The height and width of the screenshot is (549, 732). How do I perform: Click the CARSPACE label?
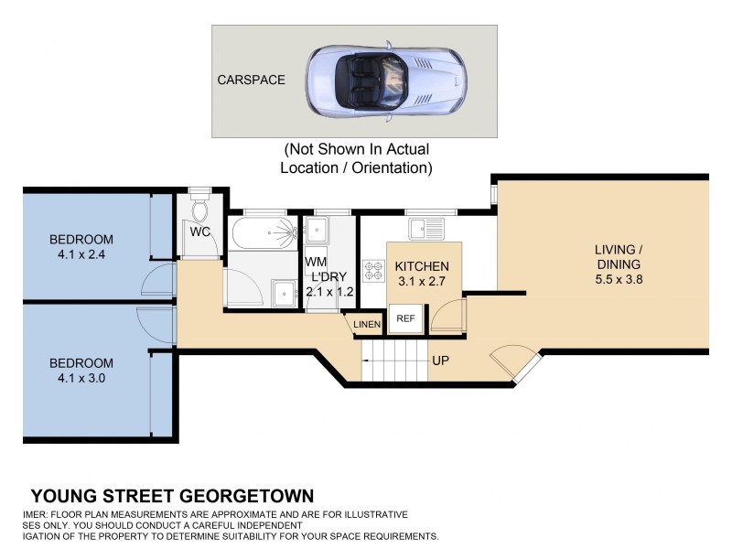[x=251, y=80]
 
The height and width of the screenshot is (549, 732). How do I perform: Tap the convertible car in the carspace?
[x=386, y=81]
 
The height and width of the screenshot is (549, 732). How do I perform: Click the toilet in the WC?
[x=199, y=210]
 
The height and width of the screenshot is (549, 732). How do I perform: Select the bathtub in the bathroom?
[x=264, y=232]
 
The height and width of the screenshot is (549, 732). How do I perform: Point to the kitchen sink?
[x=426, y=229]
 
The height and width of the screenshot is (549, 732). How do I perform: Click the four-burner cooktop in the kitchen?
[x=373, y=271]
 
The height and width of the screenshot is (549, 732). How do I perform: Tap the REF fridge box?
[x=405, y=318]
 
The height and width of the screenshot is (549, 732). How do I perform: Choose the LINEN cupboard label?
[x=367, y=325]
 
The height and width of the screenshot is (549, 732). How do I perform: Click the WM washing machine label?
[x=316, y=262]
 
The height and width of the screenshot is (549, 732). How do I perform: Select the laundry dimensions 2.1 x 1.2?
[x=329, y=292]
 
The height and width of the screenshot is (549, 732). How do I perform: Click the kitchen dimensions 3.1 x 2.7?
[x=422, y=282]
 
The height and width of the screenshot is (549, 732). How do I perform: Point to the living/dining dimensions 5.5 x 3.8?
[x=619, y=280]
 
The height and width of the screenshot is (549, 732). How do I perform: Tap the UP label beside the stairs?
[x=441, y=361]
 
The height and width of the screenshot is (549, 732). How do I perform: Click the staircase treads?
[x=395, y=360]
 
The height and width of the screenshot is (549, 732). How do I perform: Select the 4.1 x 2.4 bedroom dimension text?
[x=81, y=255]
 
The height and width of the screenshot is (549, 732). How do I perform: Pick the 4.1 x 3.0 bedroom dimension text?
[x=81, y=378]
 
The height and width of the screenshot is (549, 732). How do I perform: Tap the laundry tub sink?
[x=316, y=230]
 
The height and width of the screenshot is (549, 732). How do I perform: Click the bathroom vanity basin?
[x=285, y=293]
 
